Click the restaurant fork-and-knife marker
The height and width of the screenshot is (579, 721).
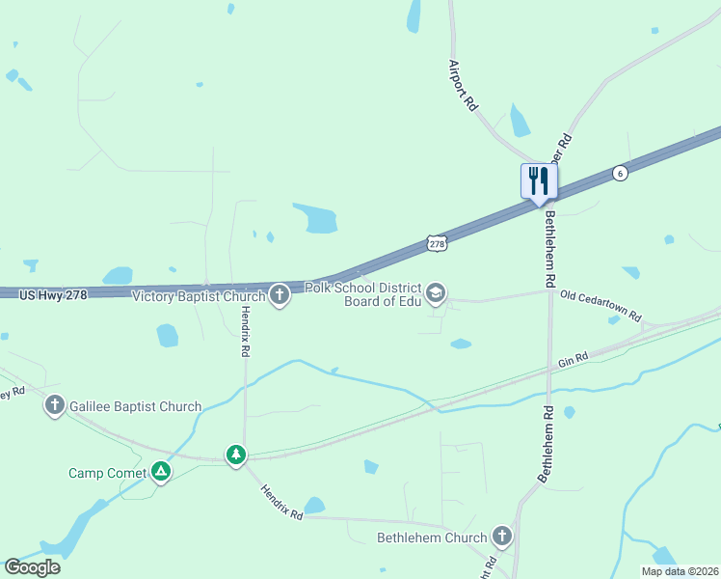539,180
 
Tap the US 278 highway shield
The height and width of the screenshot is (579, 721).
436,245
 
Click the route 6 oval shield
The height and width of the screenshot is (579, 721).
620,173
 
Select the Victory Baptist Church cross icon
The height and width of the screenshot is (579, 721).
280,295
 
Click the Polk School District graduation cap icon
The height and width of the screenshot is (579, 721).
436,293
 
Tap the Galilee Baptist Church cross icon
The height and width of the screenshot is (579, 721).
55,406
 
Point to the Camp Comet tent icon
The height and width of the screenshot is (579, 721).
162,472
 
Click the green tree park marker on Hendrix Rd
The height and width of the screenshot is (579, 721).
236,455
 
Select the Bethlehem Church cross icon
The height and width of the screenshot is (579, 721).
501,537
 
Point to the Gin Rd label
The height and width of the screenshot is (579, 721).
573,362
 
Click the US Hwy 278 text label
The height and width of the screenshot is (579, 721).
54,293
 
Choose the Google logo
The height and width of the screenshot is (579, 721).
32,566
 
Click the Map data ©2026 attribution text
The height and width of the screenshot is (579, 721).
679,571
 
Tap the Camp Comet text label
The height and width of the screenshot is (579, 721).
107,473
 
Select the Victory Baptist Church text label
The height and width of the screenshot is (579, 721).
199,296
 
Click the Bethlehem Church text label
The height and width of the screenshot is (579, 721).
431,538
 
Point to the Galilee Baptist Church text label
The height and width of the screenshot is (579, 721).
136,407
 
